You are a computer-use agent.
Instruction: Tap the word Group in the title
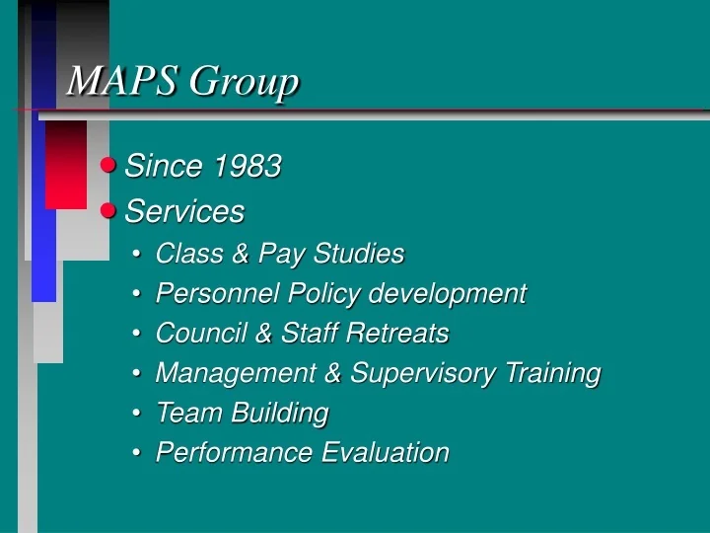point(244,83)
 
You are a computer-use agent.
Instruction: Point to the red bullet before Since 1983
point(109,166)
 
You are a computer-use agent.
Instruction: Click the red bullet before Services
point(109,210)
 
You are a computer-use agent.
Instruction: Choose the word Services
point(184,211)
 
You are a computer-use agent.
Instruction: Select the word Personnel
point(203,293)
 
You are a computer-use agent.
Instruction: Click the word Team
point(184,413)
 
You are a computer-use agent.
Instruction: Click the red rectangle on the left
point(66,165)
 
